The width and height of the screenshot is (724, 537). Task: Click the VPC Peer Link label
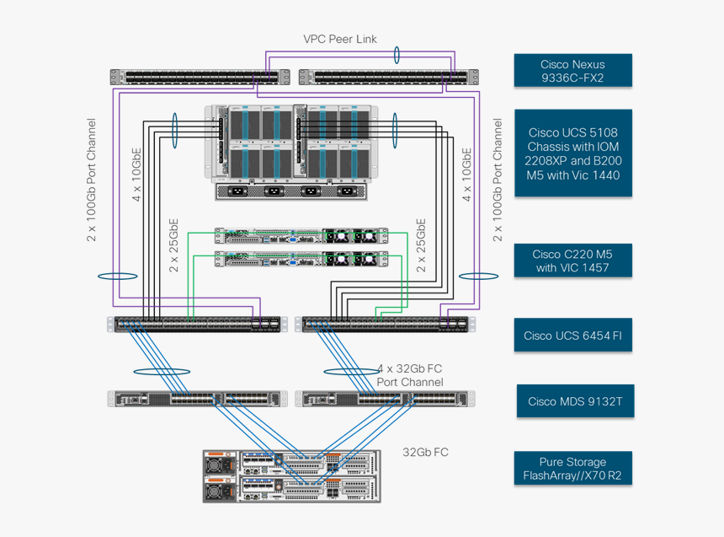(340, 39)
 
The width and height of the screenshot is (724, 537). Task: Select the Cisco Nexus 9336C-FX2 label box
(572, 71)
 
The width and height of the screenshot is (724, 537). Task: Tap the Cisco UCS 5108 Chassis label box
(573, 153)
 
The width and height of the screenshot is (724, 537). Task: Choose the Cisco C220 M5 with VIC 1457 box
(572, 260)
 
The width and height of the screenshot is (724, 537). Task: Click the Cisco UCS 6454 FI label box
(572, 336)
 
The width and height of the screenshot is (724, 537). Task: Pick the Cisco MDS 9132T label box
(575, 401)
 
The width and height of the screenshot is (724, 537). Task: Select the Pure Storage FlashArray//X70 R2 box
(572, 468)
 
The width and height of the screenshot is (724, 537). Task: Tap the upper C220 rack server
(301, 236)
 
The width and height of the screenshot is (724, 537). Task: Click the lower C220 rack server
(301, 259)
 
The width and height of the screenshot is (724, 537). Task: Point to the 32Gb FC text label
(425, 452)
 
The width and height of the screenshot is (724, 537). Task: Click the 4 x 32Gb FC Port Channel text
(410, 375)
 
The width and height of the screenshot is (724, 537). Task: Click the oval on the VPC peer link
(397, 55)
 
